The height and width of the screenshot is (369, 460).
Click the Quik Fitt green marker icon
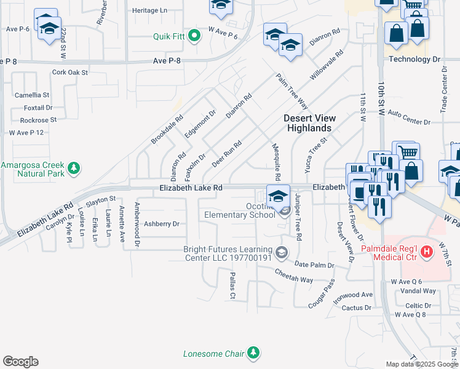point(195,36)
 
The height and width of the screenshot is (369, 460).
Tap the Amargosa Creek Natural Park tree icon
point(74,167)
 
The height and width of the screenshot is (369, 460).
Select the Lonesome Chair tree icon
point(253,352)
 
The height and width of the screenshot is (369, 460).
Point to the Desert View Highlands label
point(307,123)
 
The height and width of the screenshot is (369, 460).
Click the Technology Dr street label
point(415,60)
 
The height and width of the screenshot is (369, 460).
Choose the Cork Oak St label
point(70,73)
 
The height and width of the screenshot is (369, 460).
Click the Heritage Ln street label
point(149,11)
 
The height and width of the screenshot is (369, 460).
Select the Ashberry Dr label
point(161,224)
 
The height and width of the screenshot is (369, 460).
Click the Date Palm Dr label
point(314,265)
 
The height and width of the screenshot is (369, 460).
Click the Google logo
point(20,362)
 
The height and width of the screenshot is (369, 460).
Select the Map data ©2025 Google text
point(422,364)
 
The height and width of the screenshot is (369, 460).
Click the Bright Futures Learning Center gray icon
point(282,252)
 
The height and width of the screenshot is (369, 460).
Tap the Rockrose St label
point(38,120)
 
